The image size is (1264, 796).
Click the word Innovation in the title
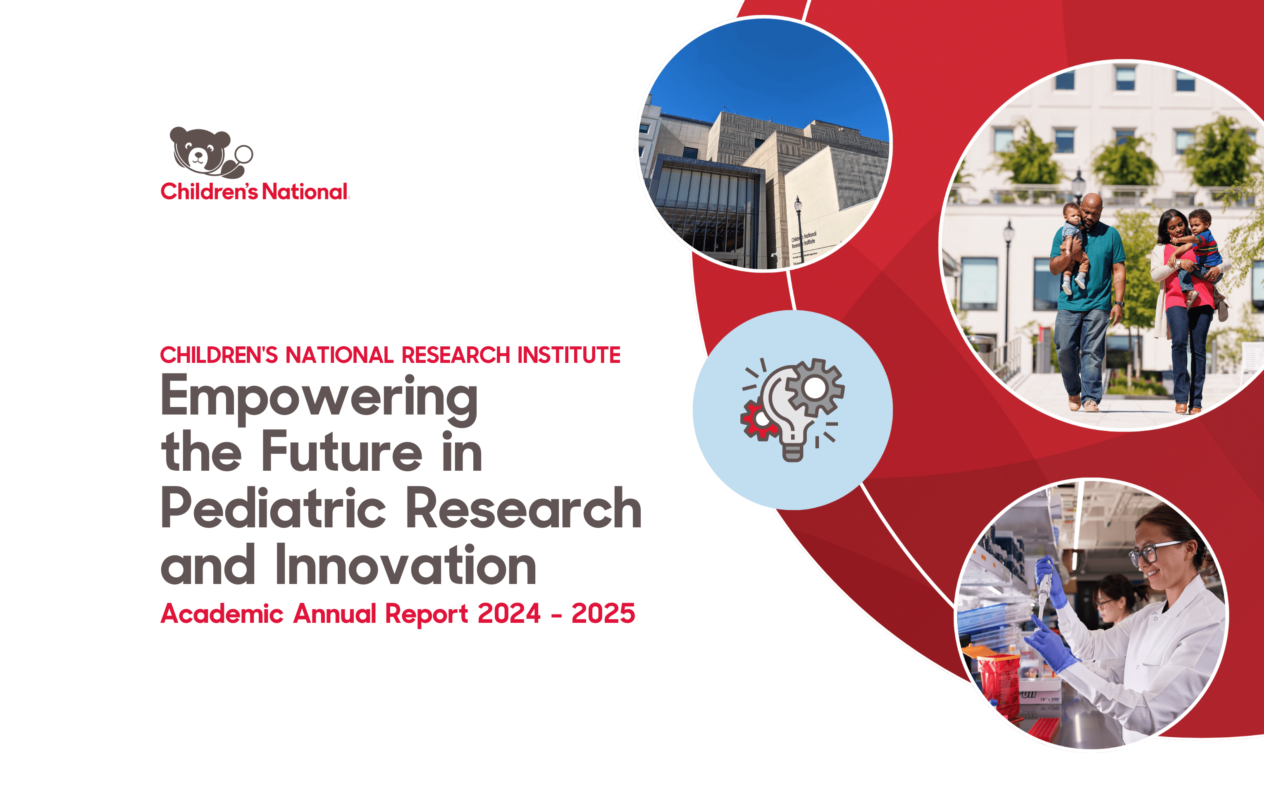(x=405, y=565)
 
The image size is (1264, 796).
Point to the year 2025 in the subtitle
(x=603, y=613)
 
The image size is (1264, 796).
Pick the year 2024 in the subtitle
(x=509, y=613)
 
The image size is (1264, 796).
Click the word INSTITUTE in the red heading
(x=569, y=355)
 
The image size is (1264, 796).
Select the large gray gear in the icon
(x=815, y=388)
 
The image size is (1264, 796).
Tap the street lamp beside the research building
(x=799, y=228)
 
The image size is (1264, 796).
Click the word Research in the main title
(x=524, y=508)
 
